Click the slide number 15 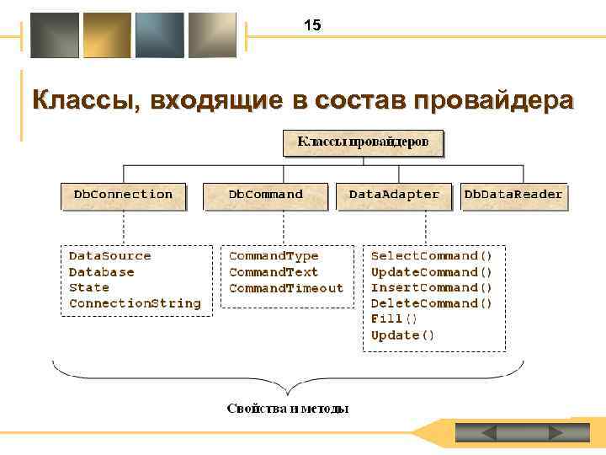click(x=312, y=26)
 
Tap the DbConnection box click(x=123, y=195)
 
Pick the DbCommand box click(x=266, y=195)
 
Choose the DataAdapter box click(x=394, y=195)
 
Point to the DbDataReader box click(x=513, y=195)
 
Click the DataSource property click(x=109, y=255)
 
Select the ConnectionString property click(x=135, y=303)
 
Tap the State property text click(x=88, y=287)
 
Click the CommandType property click(x=274, y=255)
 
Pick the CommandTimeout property click(x=286, y=287)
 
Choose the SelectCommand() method click(x=432, y=255)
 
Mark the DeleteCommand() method click(x=432, y=303)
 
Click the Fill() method click(x=394, y=319)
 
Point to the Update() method click(x=403, y=335)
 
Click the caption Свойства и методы click(x=288, y=409)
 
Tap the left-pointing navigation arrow click(x=490, y=432)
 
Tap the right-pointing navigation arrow click(x=555, y=432)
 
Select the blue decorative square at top click(x=159, y=35)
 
